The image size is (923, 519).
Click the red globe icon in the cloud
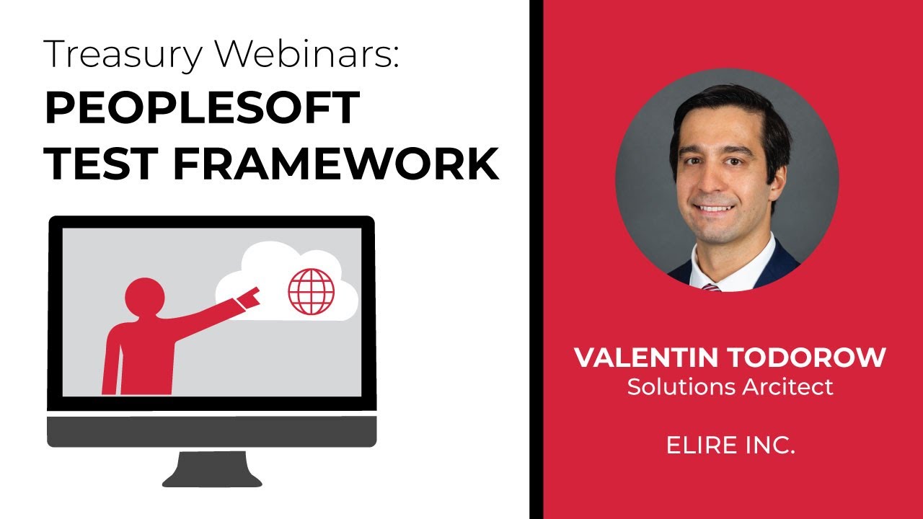312,291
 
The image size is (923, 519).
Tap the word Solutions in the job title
672,387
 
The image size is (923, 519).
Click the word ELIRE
695,445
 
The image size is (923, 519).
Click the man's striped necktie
710,286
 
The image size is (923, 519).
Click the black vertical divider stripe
536,259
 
